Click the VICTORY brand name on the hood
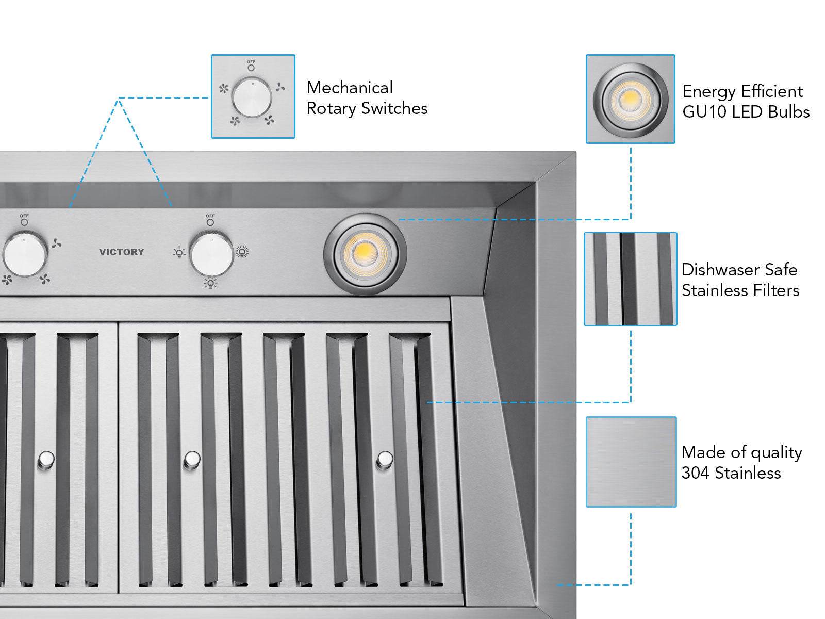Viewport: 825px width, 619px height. [121, 252]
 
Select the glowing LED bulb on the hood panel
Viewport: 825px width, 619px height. [365, 254]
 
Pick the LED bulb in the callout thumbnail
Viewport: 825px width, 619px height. [630, 98]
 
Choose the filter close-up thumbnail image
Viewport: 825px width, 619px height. [630, 279]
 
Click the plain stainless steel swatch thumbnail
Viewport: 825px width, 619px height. [631, 462]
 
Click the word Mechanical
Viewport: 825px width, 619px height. [350, 88]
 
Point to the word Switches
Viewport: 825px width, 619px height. [394, 108]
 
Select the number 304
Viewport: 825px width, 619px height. [696, 473]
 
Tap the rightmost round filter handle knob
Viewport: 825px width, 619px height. [385, 459]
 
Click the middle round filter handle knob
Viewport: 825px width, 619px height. [192, 459]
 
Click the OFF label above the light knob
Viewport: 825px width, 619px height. [210, 216]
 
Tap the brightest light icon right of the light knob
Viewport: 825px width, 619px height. [241, 252]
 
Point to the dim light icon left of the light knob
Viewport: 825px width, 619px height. [179, 253]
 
